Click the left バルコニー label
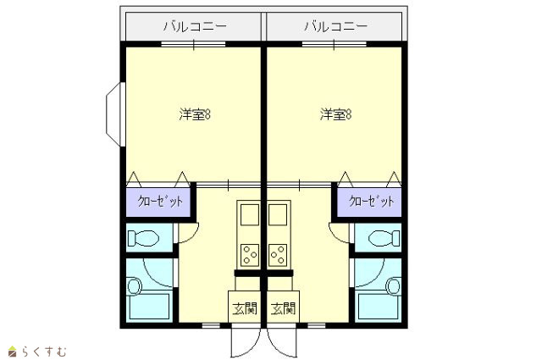pos(195,26)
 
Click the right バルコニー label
pos(335,26)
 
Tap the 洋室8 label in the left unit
pos(195,114)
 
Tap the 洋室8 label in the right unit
pos(335,114)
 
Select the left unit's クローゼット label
pos(160,201)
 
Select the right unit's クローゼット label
pos(372,201)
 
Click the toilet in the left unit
pos(143,238)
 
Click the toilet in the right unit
pos(384,238)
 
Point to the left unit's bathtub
pos(149,307)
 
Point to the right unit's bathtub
pos(379,307)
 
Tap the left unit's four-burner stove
pos(250,255)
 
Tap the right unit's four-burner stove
pos(278,255)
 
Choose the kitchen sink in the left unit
pos(250,215)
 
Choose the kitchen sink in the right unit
pos(278,215)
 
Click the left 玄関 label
pos(245,308)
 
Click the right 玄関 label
pos(283,308)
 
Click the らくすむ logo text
pos(44,352)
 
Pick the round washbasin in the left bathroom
pos(135,286)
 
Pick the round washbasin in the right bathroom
pos(394,286)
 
